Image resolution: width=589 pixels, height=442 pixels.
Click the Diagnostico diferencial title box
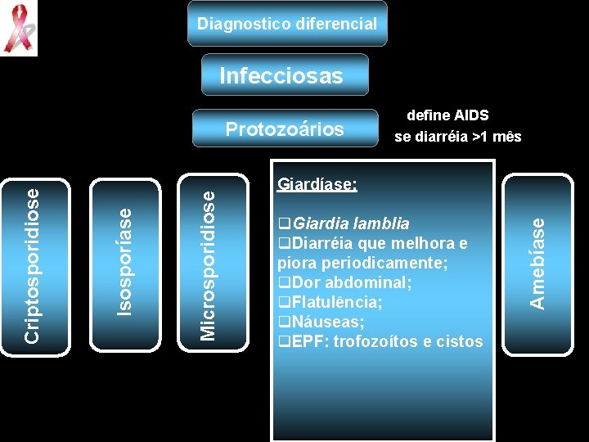pyautogui.click(x=286, y=23)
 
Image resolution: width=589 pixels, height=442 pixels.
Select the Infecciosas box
pyautogui.click(x=281, y=76)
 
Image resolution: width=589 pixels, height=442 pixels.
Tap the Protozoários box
pyautogui.click(x=285, y=129)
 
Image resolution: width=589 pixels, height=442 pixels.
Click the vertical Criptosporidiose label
pyautogui.click(x=32, y=265)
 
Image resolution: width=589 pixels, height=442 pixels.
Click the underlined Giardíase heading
pyautogui.click(x=317, y=184)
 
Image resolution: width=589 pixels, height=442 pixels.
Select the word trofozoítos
pyautogui.click(x=377, y=341)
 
